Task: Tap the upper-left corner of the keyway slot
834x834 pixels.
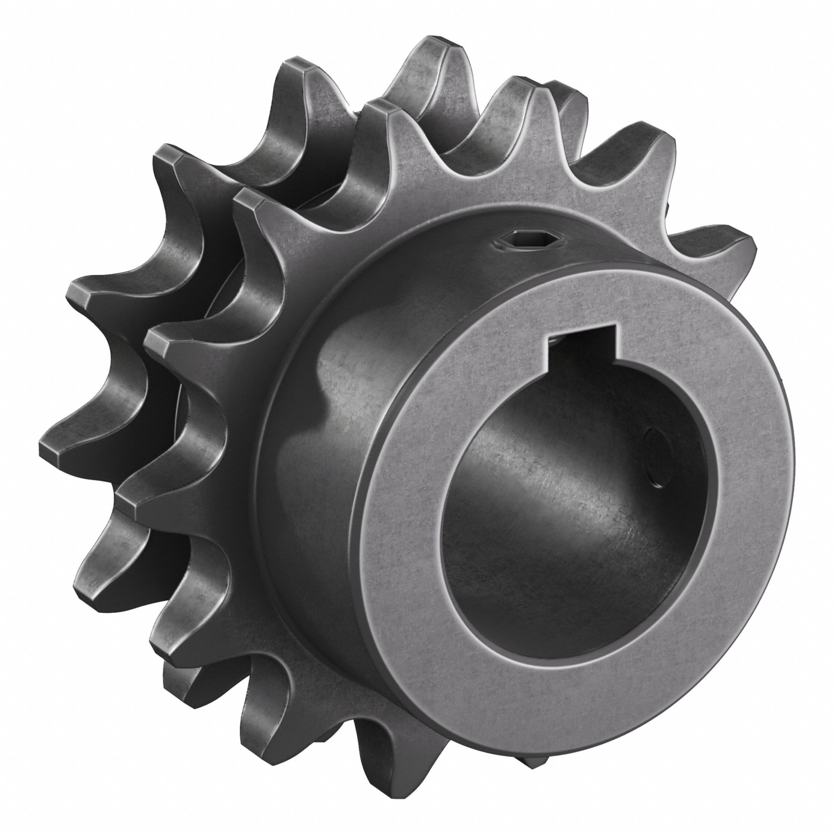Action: tap(548, 341)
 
